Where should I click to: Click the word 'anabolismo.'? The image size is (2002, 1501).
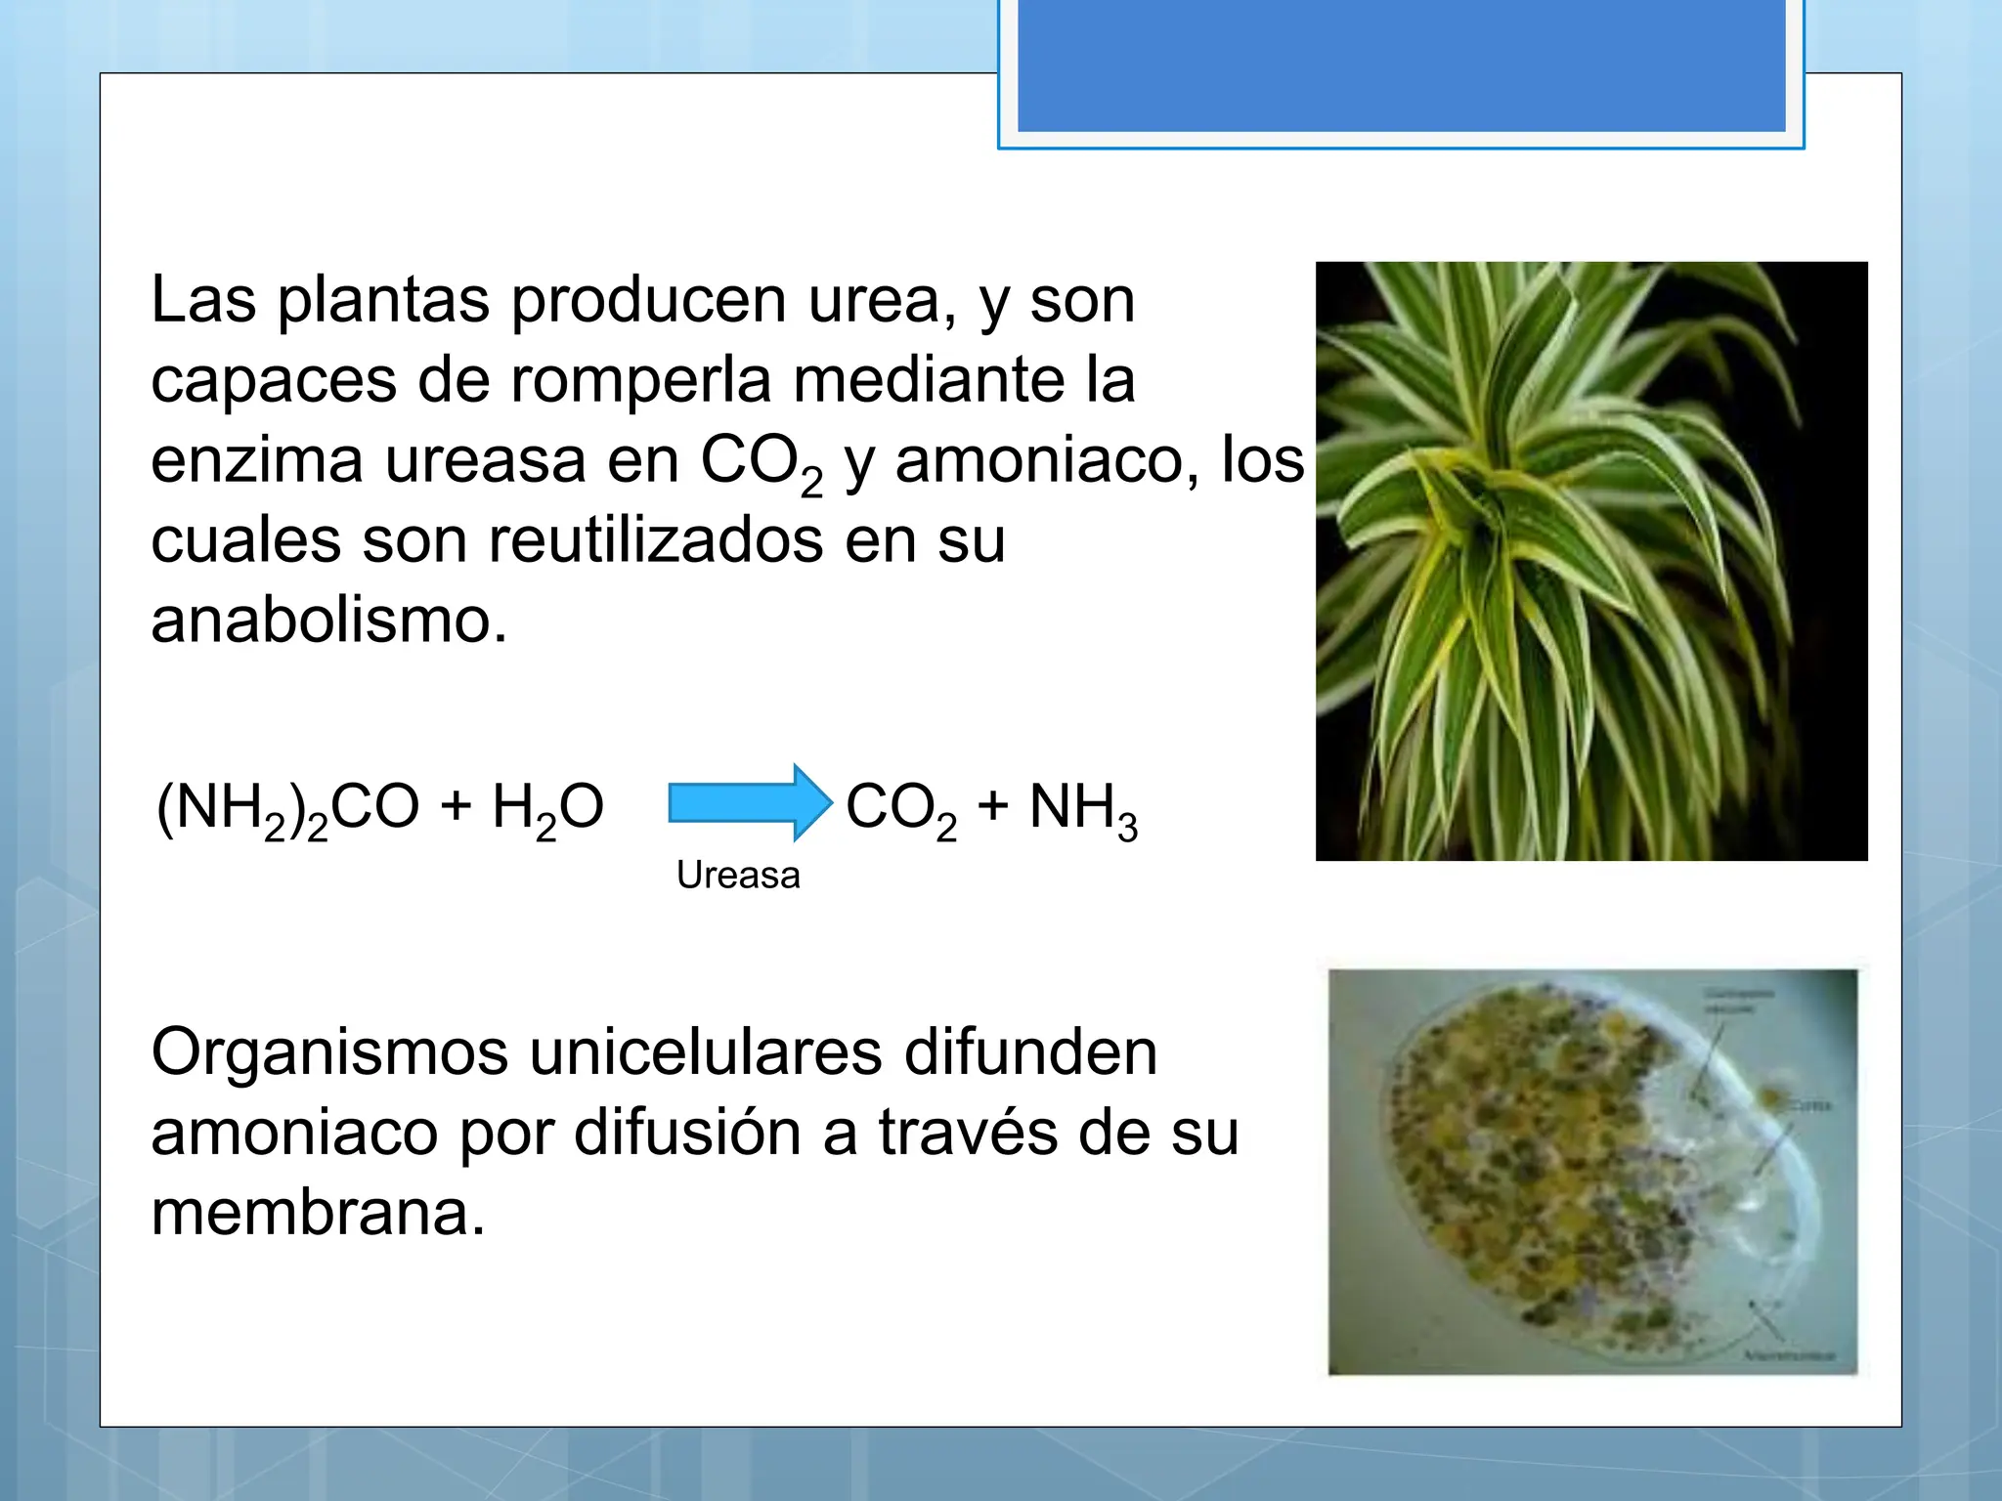(329, 621)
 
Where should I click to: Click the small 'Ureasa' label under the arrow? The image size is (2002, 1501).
(738, 876)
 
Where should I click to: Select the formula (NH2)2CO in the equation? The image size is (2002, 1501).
(288, 809)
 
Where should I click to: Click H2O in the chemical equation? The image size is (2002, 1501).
(547, 809)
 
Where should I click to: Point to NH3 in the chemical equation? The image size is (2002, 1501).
(1083, 809)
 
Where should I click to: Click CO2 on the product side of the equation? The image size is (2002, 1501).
(900, 809)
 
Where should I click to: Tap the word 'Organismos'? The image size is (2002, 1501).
(329, 1053)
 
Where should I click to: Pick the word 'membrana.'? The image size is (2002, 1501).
(318, 1214)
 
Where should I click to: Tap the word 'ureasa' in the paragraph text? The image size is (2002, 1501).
(485, 460)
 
